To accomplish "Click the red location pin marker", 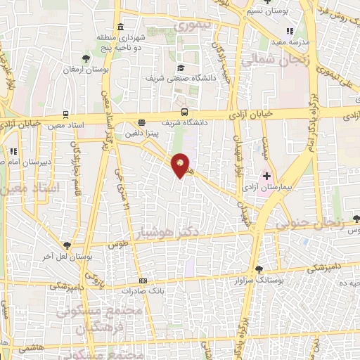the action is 181,165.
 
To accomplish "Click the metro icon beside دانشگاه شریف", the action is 184,111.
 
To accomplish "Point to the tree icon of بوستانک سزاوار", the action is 259,269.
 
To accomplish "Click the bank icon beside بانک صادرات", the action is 143,281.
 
